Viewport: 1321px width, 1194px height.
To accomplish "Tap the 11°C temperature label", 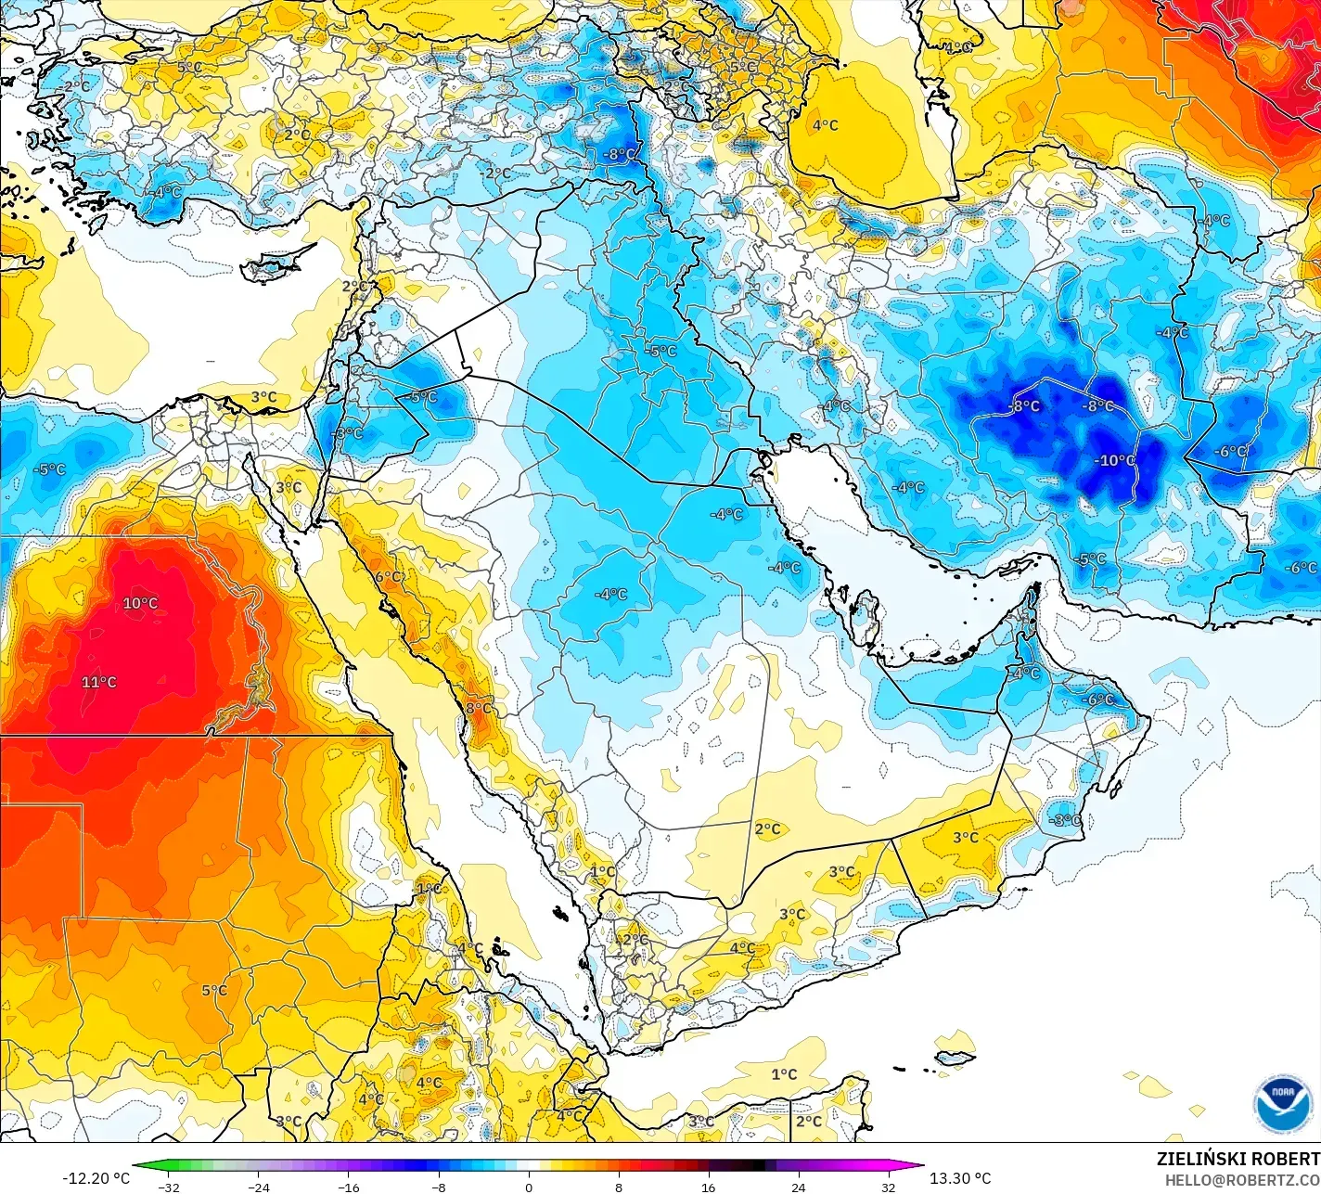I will point(99,682).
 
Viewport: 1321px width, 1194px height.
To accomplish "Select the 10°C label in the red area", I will point(140,603).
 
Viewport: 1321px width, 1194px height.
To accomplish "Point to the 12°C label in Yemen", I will point(632,939).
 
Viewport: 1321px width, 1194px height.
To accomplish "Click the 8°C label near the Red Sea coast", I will point(479,708).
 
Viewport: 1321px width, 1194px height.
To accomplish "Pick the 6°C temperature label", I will point(389,576).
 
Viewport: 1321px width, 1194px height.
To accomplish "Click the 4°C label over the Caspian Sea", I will point(825,124).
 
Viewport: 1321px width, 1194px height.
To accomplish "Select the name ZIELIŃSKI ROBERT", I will point(1238,1159).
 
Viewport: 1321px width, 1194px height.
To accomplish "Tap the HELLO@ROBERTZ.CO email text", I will point(1242,1179).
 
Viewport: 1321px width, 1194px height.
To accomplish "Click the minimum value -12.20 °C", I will point(96,1178).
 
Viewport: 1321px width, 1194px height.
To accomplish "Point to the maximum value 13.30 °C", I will point(960,1178).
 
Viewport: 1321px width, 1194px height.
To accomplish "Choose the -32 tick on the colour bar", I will point(168,1187).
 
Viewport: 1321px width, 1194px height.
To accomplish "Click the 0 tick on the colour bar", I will point(528,1187).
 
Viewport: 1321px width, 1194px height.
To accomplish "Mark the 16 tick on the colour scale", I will point(708,1187).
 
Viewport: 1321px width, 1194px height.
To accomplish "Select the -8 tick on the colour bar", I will point(438,1187).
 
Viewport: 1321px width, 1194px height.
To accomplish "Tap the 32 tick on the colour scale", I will point(888,1187).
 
